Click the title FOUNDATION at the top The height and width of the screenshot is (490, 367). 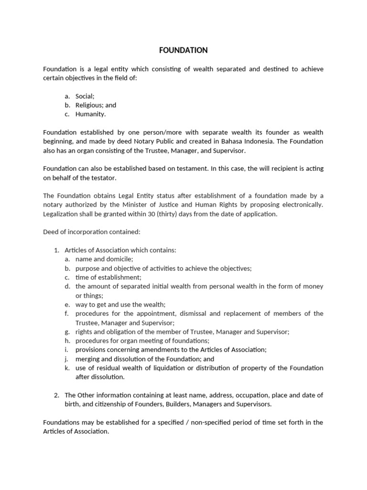pos(183,50)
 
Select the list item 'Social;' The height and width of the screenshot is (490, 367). pos(85,96)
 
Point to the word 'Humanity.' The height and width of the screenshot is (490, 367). pos(90,114)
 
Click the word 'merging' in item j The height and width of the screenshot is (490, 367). pos(87,359)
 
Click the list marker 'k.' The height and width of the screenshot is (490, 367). pos(67,368)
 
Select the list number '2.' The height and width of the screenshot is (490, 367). pos(56,395)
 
